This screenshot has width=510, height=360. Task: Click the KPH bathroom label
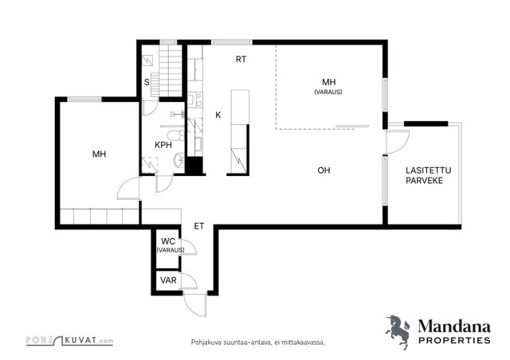click(x=163, y=145)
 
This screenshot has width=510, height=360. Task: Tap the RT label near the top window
click(x=241, y=59)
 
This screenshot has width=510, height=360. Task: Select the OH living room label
click(x=324, y=170)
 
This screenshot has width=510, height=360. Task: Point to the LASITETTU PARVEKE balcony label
click(x=429, y=175)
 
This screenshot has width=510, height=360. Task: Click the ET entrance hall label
click(x=199, y=226)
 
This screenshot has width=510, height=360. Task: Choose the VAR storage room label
click(x=168, y=280)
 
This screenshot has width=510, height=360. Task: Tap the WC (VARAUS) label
click(x=170, y=245)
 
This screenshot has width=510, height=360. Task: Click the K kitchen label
click(x=218, y=115)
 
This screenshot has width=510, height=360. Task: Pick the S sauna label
click(x=147, y=82)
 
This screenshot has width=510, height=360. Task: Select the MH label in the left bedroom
click(x=99, y=154)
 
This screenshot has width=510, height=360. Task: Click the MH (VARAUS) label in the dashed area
click(x=328, y=86)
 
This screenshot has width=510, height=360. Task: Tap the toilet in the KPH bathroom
click(x=175, y=135)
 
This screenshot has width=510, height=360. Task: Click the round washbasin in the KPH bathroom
click(x=179, y=160)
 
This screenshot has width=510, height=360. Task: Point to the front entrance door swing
click(x=194, y=305)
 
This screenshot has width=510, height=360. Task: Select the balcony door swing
click(x=398, y=143)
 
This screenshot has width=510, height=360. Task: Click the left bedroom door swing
click(x=128, y=188)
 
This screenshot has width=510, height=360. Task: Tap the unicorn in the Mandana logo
click(x=398, y=331)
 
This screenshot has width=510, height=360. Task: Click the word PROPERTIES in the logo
click(x=454, y=341)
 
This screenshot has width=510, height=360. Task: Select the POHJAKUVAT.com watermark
click(x=69, y=341)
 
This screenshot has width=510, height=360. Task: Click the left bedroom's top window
click(x=84, y=100)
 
